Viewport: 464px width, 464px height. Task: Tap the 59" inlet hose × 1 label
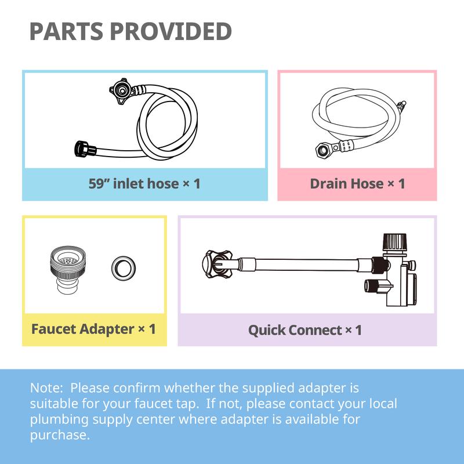(144, 184)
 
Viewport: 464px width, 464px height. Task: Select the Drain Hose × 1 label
(357, 184)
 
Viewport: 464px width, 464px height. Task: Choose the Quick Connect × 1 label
(305, 330)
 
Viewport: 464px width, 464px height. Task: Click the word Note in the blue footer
(47, 387)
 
